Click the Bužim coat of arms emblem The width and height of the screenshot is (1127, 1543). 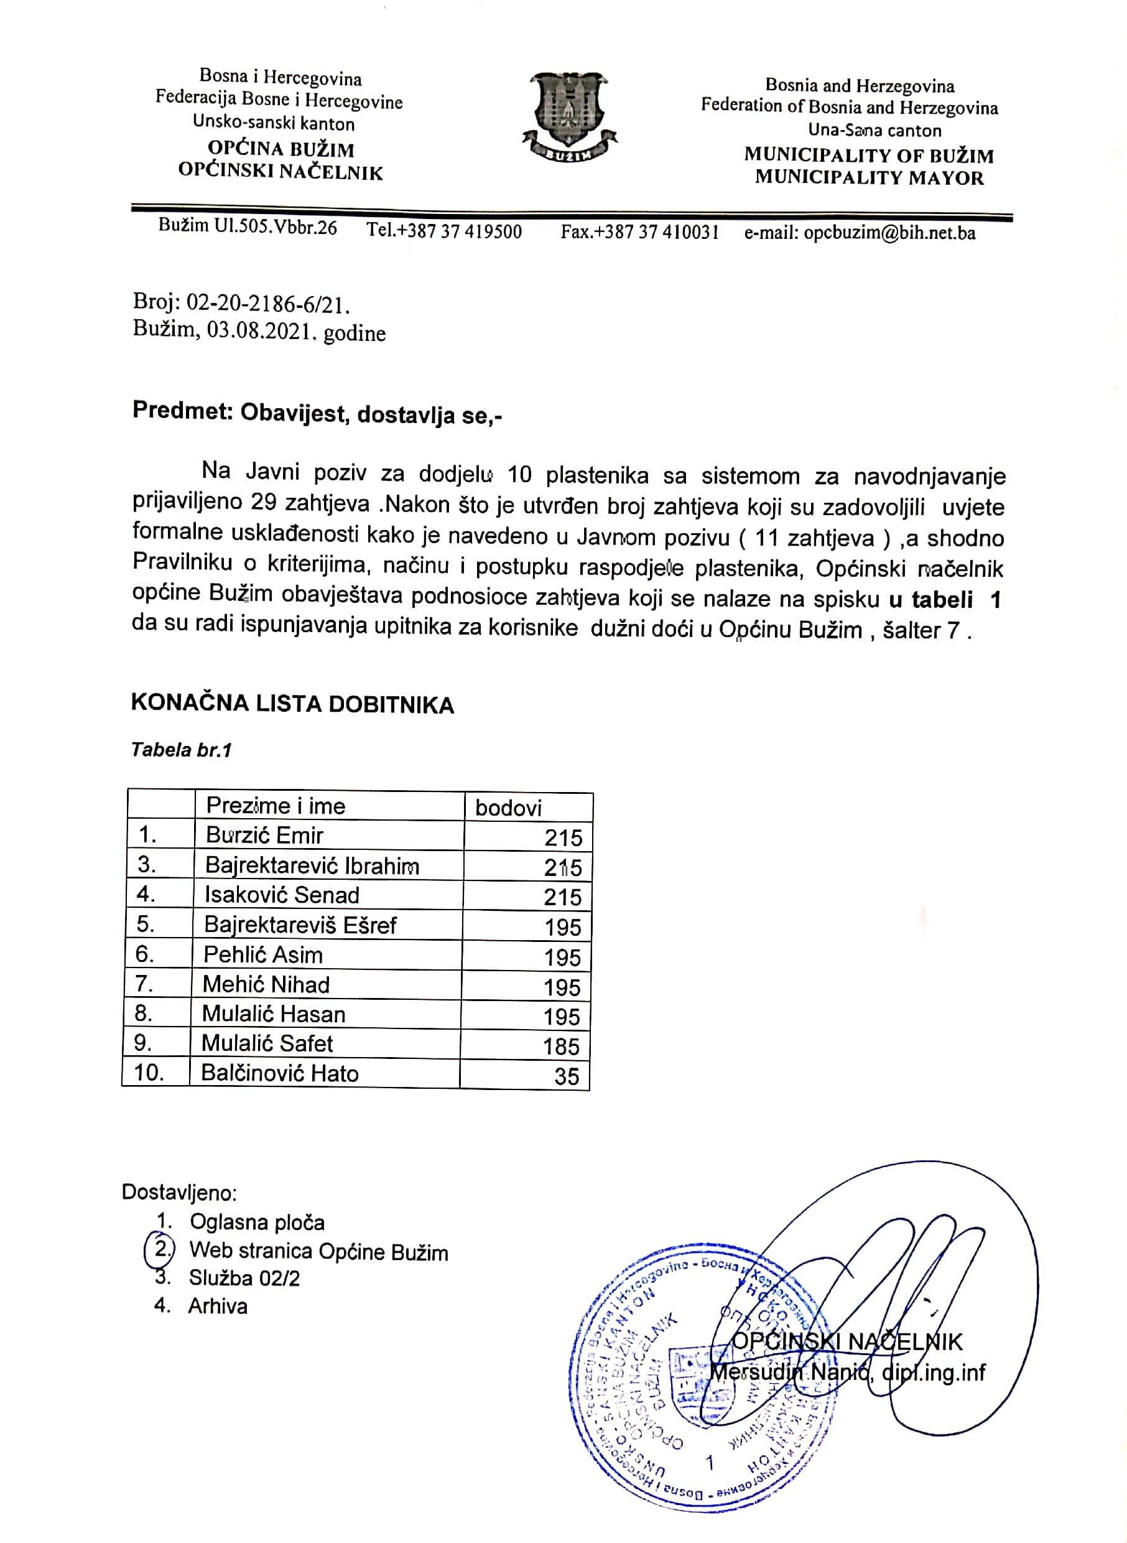click(569, 116)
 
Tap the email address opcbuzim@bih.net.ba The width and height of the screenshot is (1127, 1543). click(889, 233)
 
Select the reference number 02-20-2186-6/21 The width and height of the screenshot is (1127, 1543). click(268, 303)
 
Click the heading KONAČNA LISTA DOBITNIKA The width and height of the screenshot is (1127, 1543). click(292, 704)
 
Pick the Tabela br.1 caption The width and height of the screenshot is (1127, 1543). click(182, 750)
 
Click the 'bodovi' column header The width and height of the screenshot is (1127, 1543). click(508, 808)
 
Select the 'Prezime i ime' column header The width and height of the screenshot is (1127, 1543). click(276, 806)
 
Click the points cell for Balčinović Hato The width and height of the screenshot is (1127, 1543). click(566, 1076)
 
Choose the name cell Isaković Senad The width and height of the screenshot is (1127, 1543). click(282, 895)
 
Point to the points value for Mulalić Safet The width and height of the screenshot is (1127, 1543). click(562, 1046)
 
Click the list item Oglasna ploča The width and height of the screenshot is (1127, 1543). click(256, 1221)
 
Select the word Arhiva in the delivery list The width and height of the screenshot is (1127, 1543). click(218, 1305)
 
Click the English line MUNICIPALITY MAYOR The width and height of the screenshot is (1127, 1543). click(869, 177)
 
